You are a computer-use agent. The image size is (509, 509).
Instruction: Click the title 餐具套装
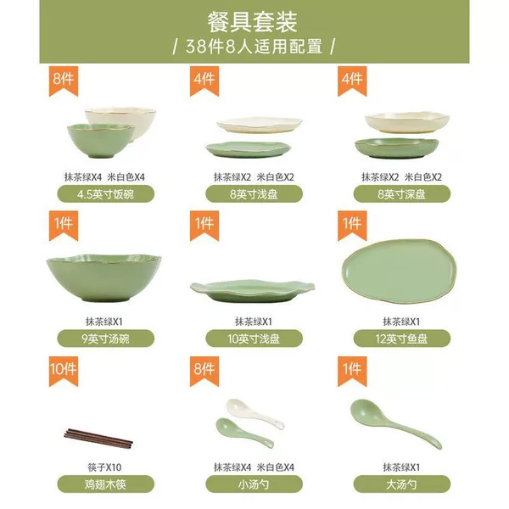[x=253, y=22]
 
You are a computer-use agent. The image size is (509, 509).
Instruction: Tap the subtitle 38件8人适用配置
[x=254, y=47]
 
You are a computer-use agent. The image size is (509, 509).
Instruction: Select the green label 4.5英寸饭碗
[x=106, y=194]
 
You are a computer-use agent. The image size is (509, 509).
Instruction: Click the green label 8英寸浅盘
[x=254, y=194]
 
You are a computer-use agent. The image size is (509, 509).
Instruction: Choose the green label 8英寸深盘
[x=402, y=194]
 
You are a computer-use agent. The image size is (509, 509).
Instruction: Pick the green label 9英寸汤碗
[x=106, y=338]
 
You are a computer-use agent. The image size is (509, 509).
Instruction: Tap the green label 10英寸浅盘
[x=254, y=338]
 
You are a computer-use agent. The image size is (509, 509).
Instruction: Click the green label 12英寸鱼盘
[x=402, y=338]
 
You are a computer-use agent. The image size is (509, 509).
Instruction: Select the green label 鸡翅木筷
[x=106, y=484]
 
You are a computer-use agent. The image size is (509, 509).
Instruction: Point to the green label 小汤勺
[x=254, y=484]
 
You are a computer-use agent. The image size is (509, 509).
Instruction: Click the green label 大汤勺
[x=402, y=484]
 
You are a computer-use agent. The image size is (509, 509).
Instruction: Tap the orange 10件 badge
[x=64, y=370]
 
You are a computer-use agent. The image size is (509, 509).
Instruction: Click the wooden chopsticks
[x=98, y=439]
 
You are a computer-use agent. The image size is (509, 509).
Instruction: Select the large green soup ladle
[x=395, y=423]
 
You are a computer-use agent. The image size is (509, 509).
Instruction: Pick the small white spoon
[x=255, y=413]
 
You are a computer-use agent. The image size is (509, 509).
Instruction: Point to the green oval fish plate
[x=400, y=271]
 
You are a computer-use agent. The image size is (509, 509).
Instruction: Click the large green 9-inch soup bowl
[x=103, y=278]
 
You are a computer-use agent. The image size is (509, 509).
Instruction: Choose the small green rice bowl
[x=101, y=141]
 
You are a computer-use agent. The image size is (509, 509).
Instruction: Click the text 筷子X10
[x=104, y=467]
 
